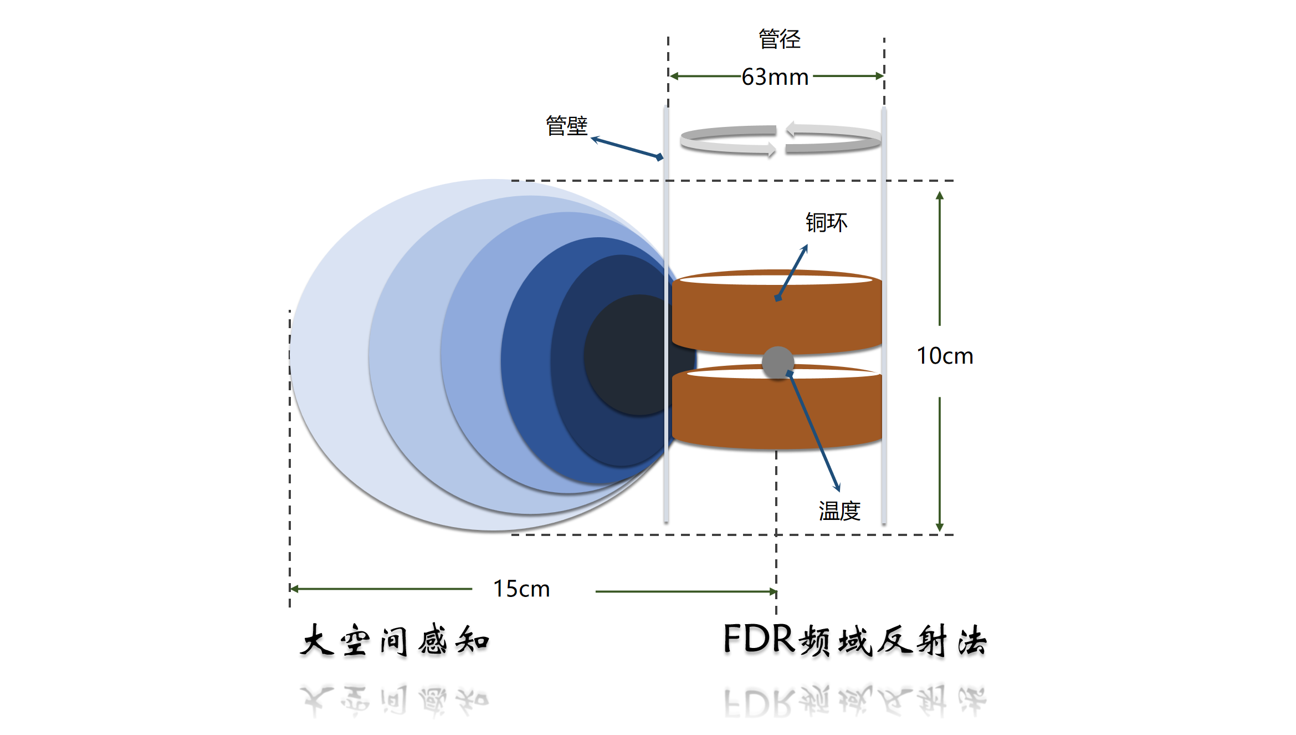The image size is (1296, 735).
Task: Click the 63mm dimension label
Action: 775,77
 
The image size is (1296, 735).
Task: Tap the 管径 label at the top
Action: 779,39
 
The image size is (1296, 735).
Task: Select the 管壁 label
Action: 566,126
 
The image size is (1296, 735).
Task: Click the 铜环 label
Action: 826,222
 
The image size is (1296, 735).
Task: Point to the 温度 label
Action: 839,511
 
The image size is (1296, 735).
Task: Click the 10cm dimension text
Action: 945,356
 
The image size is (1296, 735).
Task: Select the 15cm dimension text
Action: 521,589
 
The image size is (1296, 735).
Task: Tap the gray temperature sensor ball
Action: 778,363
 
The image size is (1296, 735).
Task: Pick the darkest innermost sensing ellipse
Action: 626,355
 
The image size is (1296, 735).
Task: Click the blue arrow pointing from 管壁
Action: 627,148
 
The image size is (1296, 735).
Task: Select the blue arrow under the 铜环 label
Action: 792,272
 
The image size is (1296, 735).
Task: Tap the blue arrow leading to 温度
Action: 815,432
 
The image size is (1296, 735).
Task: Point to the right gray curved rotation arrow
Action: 833,139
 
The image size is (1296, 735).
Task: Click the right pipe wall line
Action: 884,316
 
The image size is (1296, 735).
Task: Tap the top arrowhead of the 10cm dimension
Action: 940,196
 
